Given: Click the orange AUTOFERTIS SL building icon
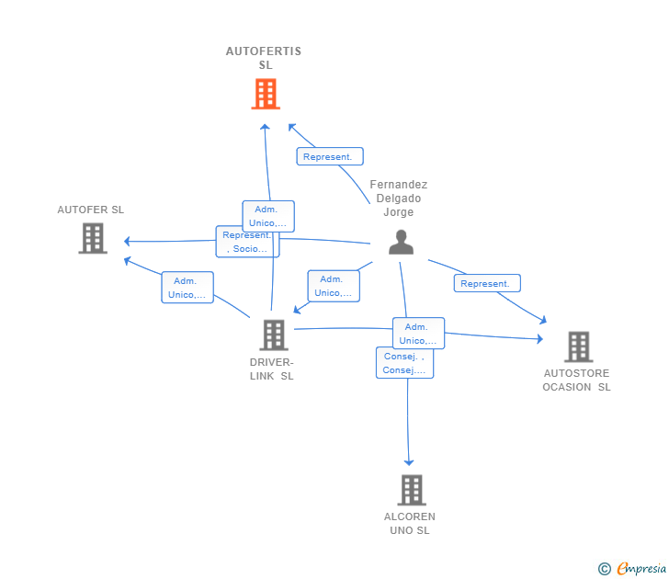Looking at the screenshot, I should pos(265,94).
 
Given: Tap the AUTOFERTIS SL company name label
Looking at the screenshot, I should pos(264,58).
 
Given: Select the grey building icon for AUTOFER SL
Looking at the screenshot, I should pos(92,238).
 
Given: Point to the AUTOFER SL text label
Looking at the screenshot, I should pos(90,210).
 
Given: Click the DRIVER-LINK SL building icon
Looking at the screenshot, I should pos(273,335).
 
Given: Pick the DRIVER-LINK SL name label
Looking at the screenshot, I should pos(273,369).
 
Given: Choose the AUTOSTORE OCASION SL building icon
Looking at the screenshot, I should pos(578,346).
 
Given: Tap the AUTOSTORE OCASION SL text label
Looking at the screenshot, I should pos(576,380).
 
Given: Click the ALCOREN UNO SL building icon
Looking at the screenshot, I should pos(411,490).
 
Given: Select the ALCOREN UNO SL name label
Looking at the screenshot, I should pos(410,524).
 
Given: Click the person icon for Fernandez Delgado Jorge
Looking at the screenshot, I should pos(401,242).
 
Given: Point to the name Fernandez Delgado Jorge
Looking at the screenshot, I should pos(399,199).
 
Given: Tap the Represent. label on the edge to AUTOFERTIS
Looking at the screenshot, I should pos(329,156).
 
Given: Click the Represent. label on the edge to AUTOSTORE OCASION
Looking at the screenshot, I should pos(486,283).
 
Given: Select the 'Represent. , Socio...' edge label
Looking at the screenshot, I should pos(246,242).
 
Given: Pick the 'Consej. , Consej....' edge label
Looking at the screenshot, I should pos(404,363).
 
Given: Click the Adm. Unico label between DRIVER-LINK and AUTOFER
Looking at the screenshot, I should pos(187,288).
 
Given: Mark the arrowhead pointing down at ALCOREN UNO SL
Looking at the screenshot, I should pos(409,461).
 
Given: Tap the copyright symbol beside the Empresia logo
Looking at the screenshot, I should pos(604,570).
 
